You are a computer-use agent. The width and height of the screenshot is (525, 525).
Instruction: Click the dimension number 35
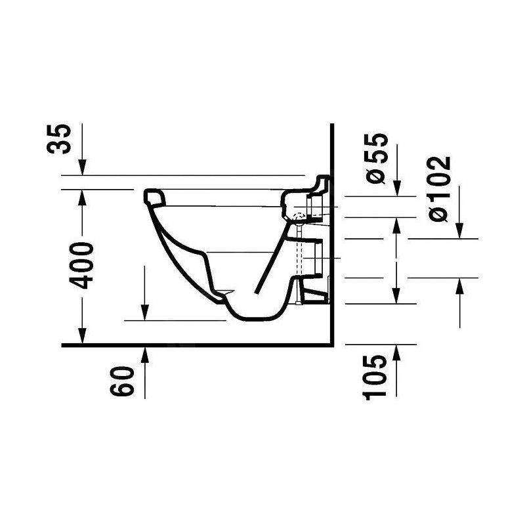pos(59,139)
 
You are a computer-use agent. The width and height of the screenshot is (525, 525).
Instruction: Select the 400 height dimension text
pos(81,266)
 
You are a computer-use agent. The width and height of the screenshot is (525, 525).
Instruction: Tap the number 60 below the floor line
pos(122,381)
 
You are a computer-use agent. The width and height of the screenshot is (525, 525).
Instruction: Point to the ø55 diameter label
pos(377,158)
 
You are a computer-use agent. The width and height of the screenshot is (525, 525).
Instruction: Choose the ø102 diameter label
pos(440,189)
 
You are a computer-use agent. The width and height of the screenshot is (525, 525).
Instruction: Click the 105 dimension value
pos(374,377)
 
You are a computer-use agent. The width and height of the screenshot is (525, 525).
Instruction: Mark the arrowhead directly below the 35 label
pos(82,167)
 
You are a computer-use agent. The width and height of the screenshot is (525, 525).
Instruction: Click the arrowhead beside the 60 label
pos(144,355)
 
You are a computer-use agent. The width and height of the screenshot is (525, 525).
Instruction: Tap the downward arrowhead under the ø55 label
pos(397,188)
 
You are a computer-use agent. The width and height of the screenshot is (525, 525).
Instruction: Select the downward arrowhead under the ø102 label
pos(460,231)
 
